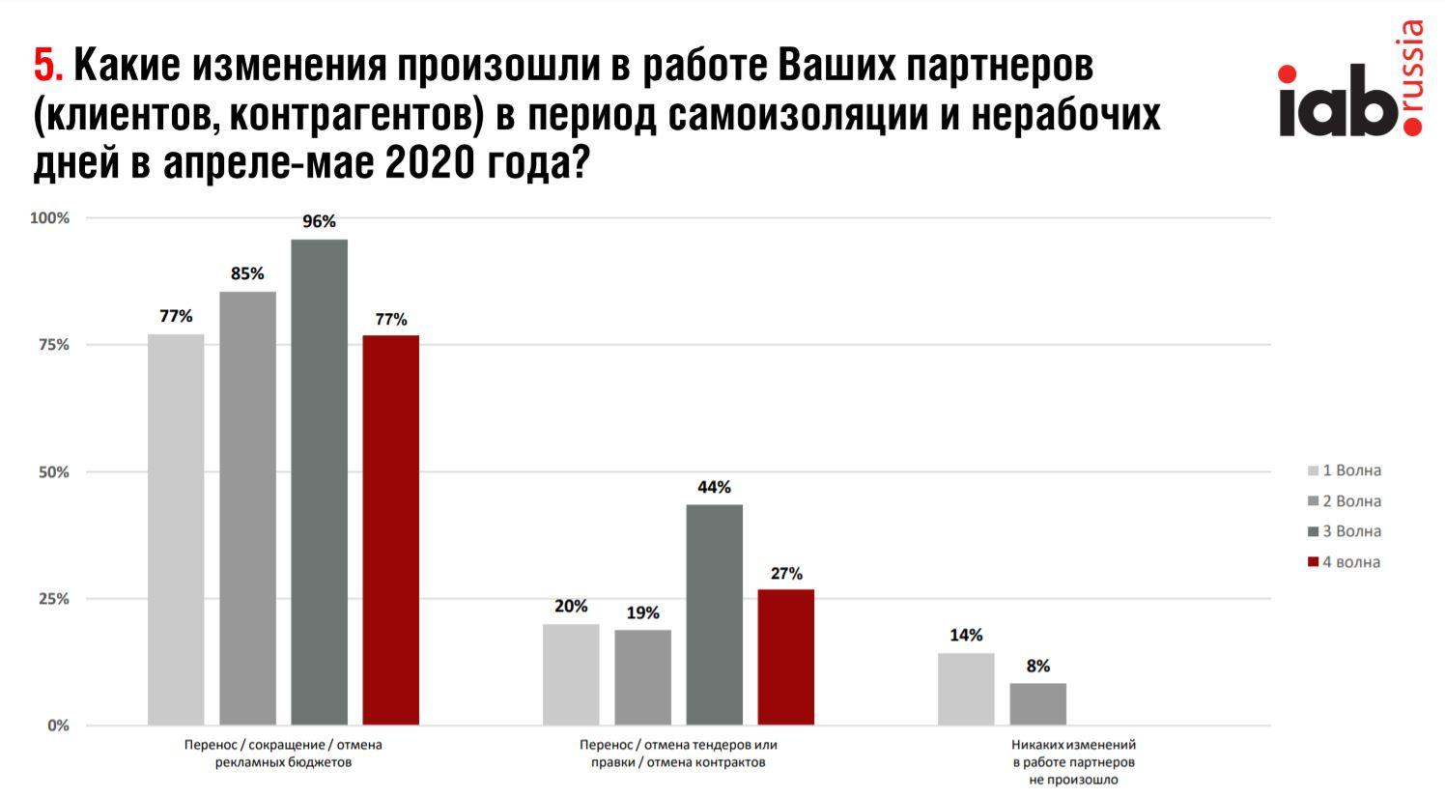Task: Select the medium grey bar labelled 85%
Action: (x=247, y=507)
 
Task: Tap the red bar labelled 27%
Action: (x=785, y=657)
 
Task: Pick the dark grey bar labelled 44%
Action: (x=714, y=614)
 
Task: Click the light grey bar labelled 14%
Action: (x=966, y=689)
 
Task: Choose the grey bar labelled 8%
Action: (x=1037, y=704)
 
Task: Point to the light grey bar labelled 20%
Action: (x=571, y=674)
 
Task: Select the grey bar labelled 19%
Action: (x=642, y=677)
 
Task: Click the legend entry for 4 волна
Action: (x=1344, y=562)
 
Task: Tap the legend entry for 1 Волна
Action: (x=1344, y=470)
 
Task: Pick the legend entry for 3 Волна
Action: (x=1344, y=531)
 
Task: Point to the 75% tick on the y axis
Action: (x=54, y=345)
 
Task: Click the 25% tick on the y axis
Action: (x=54, y=599)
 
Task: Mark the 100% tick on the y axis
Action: (x=50, y=218)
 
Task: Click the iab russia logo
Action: (x=1350, y=91)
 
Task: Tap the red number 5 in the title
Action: (x=46, y=66)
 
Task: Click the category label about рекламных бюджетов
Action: (x=283, y=754)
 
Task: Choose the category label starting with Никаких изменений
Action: (x=1073, y=762)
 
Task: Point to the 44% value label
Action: (x=714, y=487)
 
